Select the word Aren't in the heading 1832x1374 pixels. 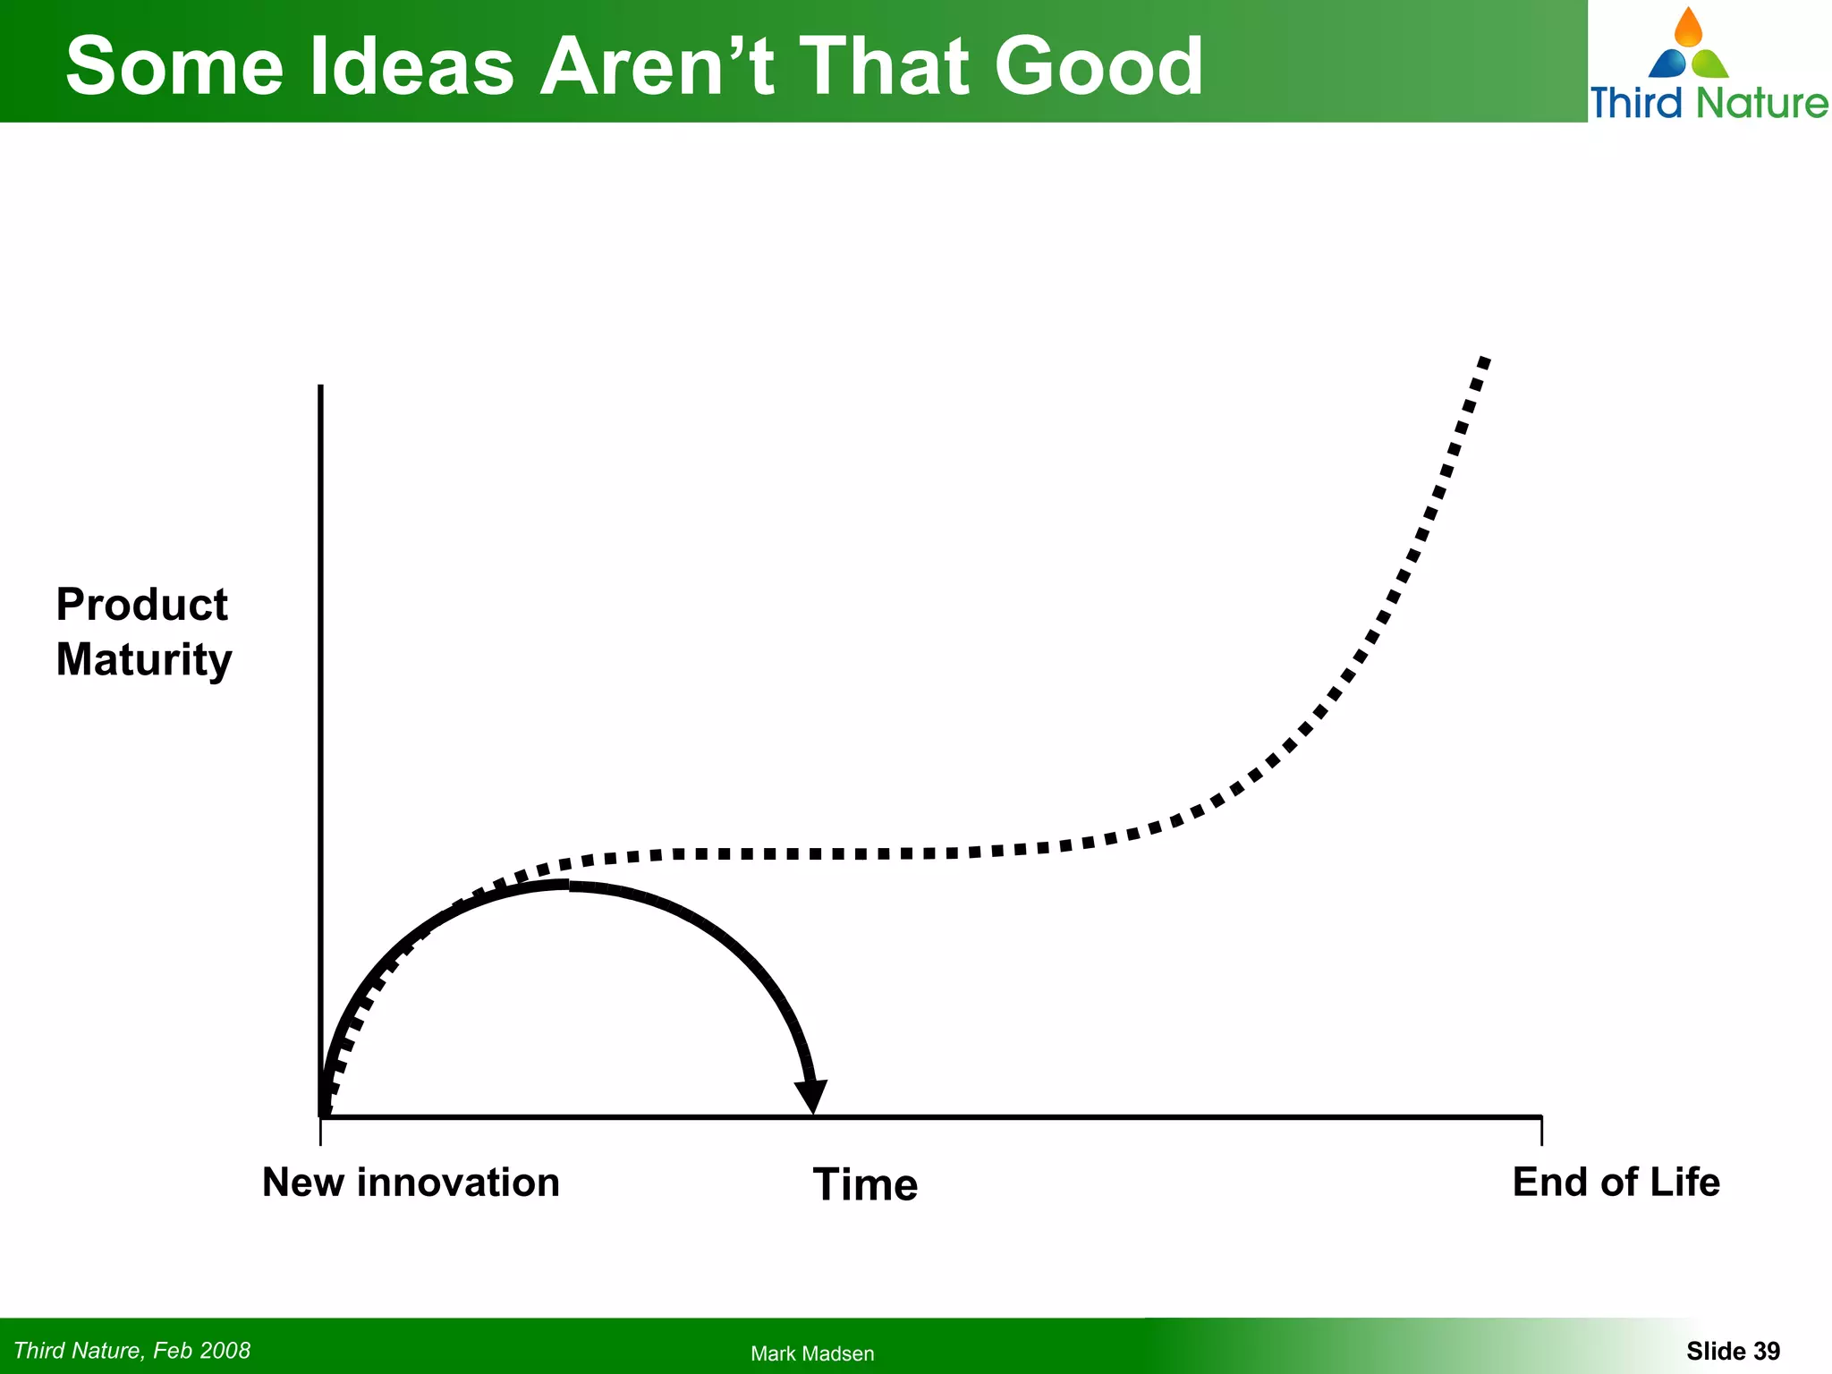pyautogui.click(x=657, y=67)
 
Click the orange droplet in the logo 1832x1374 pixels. pyautogui.click(x=1688, y=29)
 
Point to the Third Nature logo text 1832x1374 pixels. pyautogui.click(x=1709, y=103)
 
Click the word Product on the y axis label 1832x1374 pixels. pyautogui.click(x=141, y=605)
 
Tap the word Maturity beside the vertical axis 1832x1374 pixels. pyautogui.click(x=143, y=660)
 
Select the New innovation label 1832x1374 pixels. pyautogui.click(x=411, y=1183)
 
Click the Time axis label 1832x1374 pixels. pyautogui.click(x=865, y=1184)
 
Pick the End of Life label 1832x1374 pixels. pyautogui.click(x=1616, y=1183)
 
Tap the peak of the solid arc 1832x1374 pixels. pyautogui.click(x=567, y=885)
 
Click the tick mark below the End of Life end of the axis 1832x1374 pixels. pyautogui.click(x=1541, y=1132)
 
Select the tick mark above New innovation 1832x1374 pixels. pyautogui.click(x=320, y=1132)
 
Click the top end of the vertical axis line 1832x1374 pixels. pyautogui.click(x=320, y=388)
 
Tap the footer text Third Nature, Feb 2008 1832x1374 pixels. pyautogui.click(x=132, y=1351)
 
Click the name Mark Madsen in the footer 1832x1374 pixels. pyautogui.click(x=812, y=1353)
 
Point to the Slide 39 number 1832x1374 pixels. pyautogui.click(x=1733, y=1351)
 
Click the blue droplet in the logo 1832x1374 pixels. pyautogui.click(x=1667, y=64)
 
